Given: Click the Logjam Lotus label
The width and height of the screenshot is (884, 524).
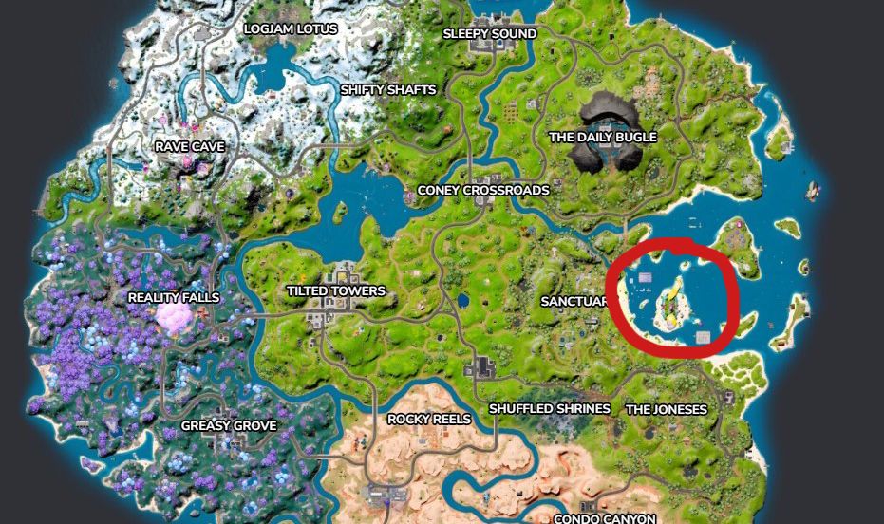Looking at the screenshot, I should click(x=291, y=28).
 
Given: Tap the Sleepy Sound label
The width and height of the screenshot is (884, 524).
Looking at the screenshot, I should click(x=490, y=34).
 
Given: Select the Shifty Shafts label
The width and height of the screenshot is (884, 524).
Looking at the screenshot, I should click(x=388, y=90).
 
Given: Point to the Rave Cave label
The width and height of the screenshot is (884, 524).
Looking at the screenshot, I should click(x=190, y=147).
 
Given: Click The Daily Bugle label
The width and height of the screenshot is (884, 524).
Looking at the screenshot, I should click(x=603, y=138).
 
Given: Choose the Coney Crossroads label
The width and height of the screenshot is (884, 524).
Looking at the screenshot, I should click(x=483, y=191).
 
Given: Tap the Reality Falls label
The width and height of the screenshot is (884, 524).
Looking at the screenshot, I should click(x=174, y=298).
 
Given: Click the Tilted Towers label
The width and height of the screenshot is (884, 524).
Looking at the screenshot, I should click(x=336, y=291).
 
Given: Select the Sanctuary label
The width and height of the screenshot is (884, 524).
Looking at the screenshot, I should click(x=574, y=302).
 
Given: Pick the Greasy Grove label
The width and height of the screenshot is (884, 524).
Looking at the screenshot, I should click(x=229, y=426).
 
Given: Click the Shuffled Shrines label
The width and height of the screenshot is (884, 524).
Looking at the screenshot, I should click(x=549, y=409).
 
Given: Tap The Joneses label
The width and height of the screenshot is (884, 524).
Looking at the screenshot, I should click(x=666, y=410).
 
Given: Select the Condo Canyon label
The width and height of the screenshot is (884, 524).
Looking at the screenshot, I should click(x=605, y=518).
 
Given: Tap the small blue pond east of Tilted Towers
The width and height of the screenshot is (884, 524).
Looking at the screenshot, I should click(x=462, y=302).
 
